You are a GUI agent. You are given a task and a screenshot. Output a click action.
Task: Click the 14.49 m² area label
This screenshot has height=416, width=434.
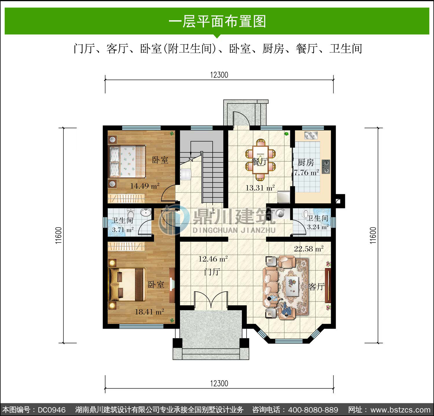pyautogui.click(x=145, y=186)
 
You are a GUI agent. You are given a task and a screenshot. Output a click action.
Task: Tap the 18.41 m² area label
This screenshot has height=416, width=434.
pyautogui.click(x=149, y=312)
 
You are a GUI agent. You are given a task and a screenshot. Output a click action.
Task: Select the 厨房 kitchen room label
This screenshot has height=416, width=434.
pyautogui.click(x=306, y=162)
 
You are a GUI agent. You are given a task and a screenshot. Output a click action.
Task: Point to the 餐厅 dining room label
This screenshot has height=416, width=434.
pyautogui.click(x=260, y=162)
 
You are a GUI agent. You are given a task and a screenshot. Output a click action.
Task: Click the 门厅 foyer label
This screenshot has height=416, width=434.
pyautogui.click(x=212, y=272)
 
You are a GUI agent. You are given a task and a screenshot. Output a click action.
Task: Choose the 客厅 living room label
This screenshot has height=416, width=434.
pyautogui.click(x=317, y=286)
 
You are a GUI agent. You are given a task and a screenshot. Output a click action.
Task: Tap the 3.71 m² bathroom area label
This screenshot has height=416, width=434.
pyautogui.click(x=123, y=230)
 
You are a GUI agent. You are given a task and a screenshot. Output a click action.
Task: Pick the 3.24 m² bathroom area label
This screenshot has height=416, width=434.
pyautogui.click(x=318, y=227)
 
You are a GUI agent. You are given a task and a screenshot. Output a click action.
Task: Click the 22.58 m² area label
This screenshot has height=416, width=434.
pyautogui.click(x=309, y=249)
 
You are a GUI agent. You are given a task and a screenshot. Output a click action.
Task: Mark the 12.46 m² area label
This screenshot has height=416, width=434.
pyautogui.click(x=213, y=259)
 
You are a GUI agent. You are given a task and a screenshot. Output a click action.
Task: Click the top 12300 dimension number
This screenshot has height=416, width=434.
pyautogui.click(x=219, y=75)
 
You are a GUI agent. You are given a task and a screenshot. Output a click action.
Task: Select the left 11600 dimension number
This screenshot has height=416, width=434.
pyautogui.click(x=59, y=235)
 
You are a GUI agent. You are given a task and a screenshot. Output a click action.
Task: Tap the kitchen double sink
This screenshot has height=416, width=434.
pyautogui.click(x=311, y=135)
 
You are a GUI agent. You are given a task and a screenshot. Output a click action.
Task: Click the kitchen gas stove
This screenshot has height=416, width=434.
pyautogui.click(x=326, y=167)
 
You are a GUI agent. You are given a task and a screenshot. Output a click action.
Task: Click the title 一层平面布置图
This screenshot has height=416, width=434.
pyautogui.click(x=217, y=21)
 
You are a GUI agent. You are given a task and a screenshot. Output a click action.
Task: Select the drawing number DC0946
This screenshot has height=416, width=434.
pyautogui.click(x=52, y=410)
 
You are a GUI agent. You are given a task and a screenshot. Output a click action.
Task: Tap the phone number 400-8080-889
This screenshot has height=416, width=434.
pyautogui.click(x=313, y=410)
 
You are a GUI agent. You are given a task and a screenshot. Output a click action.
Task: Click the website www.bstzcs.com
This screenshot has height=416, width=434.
pyautogui.click(x=400, y=410)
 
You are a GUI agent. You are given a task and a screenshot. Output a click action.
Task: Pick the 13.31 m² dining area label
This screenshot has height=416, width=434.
pyautogui.click(x=260, y=188)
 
